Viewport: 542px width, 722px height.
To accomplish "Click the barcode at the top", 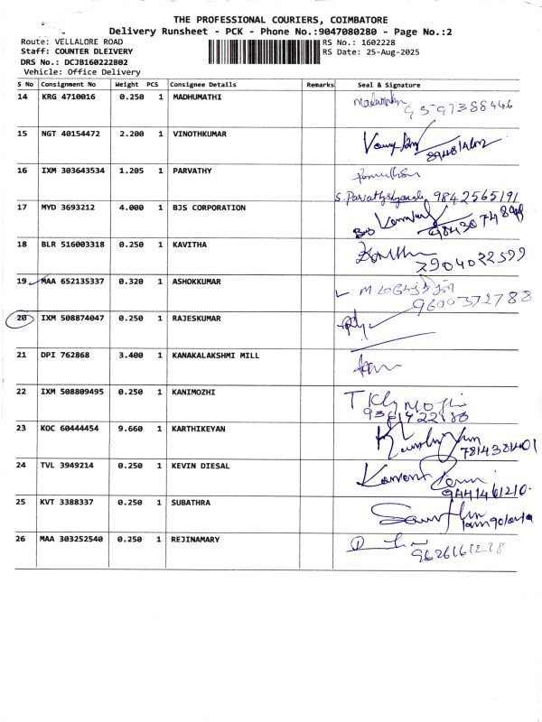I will tap(263, 51).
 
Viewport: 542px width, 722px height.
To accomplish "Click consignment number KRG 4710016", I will tap(68, 96).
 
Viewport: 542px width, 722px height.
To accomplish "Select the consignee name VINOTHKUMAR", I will tap(200, 134).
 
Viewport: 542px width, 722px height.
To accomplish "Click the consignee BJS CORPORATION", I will tap(209, 208).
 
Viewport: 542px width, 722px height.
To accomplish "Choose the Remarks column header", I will tap(320, 83).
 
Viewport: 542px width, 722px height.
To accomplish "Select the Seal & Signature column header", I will tap(389, 83).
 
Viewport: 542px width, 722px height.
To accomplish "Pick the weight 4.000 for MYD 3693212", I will tap(132, 208).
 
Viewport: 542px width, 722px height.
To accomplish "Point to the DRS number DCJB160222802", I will tap(96, 61).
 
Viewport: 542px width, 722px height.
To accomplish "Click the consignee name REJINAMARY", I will tap(198, 539).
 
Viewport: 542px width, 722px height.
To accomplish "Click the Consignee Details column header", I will tap(203, 83).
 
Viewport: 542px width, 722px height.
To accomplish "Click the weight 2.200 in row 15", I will tap(132, 134).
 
